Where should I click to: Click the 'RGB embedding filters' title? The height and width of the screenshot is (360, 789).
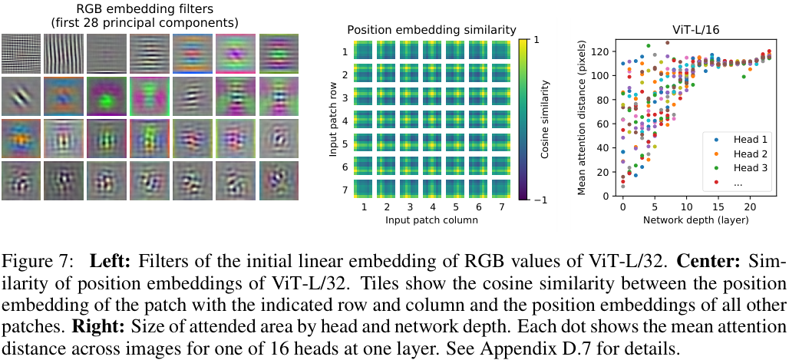pyautogui.click(x=144, y=8)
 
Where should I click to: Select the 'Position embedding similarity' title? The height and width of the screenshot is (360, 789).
pyautogui.click(x=431, y=30)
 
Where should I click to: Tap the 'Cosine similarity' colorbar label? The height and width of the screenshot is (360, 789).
pyautogui.click(x=543, y=118)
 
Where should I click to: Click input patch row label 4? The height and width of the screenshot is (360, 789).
pyautogui.click(x=345, y=120)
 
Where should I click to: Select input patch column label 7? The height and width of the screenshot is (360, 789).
pyautogui.click(x=500, y=207)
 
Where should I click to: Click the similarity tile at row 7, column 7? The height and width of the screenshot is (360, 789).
pyautogui.click(x=500, y=189)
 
